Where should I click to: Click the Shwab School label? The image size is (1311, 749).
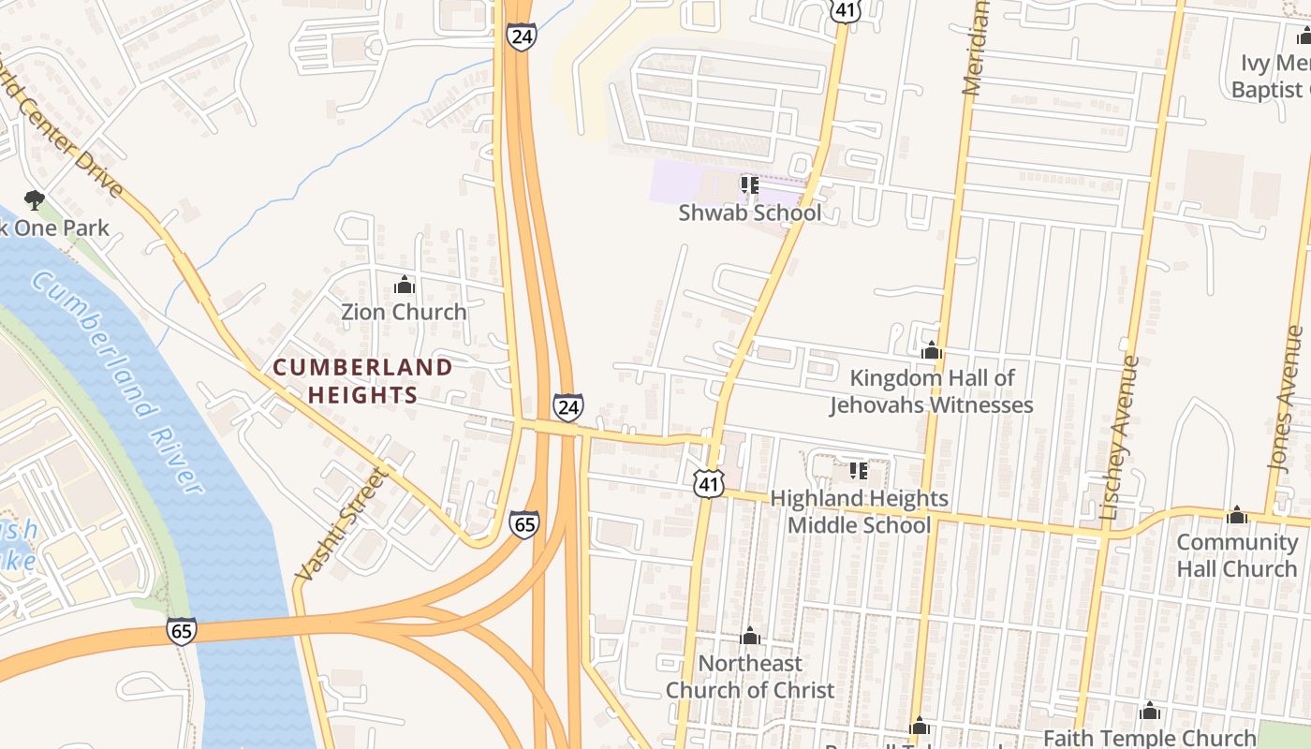click(749, 213)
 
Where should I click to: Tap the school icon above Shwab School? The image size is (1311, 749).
click(749, 185)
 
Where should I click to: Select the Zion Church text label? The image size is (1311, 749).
click(404, 312)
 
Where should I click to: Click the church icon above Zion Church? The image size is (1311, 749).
click(405, 285)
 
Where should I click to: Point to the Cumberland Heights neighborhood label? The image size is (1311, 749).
click(362, 380)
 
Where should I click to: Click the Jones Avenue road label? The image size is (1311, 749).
click(1285, 398)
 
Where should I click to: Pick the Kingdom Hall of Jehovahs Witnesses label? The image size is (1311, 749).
click(932, 391)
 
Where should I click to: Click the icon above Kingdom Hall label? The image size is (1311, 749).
click(932, 351)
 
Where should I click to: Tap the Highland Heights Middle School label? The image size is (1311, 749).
click(859, 511)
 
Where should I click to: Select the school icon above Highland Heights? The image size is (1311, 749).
click(858, 471)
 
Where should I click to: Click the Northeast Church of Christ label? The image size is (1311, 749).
click(750, 676)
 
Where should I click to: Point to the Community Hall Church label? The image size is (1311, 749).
click(1236, 555)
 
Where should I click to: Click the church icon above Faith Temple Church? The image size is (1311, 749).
click(1150, 712)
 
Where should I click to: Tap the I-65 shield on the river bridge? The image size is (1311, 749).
click(182, 630)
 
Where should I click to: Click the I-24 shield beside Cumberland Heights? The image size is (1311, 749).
click(567, 407)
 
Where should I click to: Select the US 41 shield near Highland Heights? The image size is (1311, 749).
click(709, 483)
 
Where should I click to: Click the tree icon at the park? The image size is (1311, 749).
click(35, 199)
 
